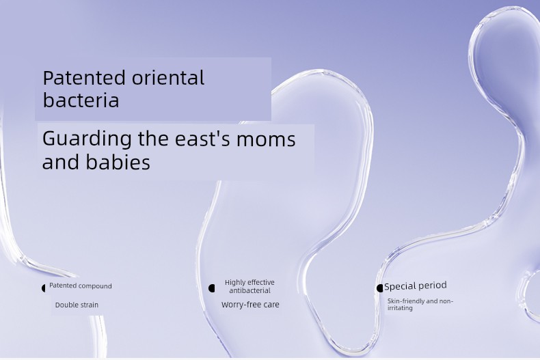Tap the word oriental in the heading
(168, 78)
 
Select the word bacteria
(81, 100)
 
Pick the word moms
(266, 140)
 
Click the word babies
(118, 162)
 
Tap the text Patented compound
(81, 286)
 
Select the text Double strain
(77, 305)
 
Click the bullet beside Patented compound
(44, 288)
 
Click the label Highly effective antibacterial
(249, 286)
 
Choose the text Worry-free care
(250, 305)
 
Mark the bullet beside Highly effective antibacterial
(212, 288)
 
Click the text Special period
(416, 286)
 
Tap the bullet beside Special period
(379, 288)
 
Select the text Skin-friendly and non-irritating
(420, 305)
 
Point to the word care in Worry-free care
(271, 305)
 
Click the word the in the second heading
(153, 139)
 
